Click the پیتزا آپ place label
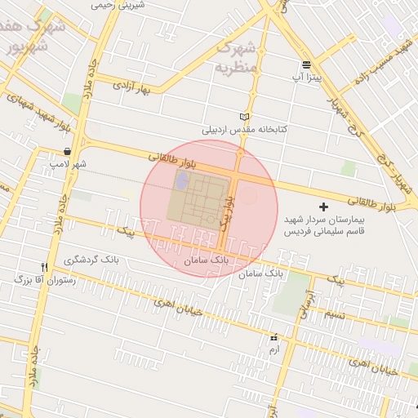(307, 78)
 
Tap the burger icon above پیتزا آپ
(306, 64)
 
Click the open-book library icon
(243, 117)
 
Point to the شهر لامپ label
(67, 165)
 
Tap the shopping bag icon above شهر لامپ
(66, 152)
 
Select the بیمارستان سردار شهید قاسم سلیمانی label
(327, 226)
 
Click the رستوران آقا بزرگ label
(45, 280)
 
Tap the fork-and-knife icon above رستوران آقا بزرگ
(45, 266)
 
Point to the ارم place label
(273, 349)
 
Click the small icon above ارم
(273, 337)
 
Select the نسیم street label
(332, 315)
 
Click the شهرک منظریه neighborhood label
(238, 57)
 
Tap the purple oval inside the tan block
(181, 179)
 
